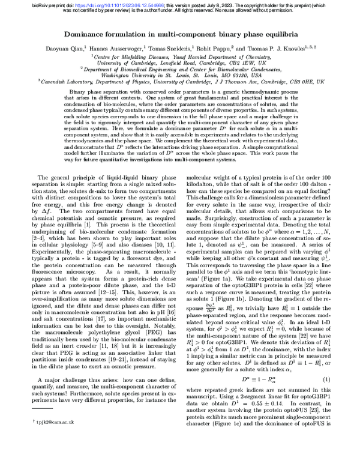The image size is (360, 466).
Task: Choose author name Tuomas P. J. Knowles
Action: [x=284, y=48]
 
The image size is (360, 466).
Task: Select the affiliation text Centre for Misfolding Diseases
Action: [x=129, y=56]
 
